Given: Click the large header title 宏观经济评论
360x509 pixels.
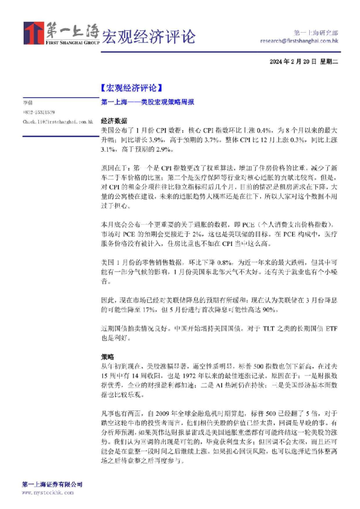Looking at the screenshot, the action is pos(148,36).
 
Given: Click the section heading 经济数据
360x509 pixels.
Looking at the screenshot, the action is pos(114,121).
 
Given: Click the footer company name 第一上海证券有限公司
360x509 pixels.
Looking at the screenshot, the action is pos(52,485).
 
